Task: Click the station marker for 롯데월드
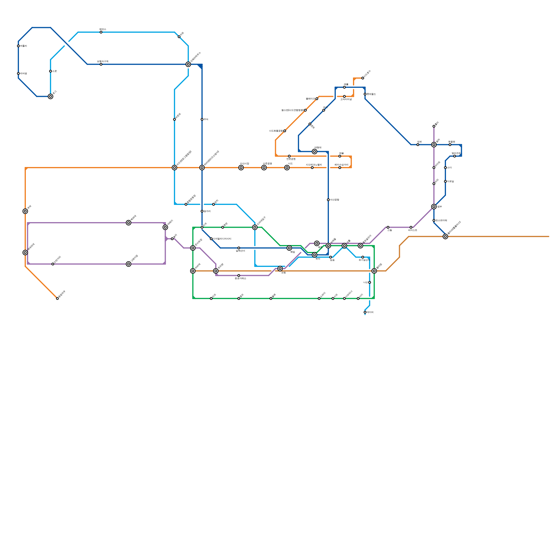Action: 365,94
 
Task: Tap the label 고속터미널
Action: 346,100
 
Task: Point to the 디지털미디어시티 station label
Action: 222,239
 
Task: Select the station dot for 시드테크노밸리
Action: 312,168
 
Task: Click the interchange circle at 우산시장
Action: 241,168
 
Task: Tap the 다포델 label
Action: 450,181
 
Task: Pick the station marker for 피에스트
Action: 411,227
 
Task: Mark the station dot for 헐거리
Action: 202,211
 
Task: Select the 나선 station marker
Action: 370,282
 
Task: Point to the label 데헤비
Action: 370,312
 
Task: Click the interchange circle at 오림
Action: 280,269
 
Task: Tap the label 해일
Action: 292,252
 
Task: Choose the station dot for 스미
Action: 445,168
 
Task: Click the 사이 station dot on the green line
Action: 358,299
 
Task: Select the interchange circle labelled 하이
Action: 314,255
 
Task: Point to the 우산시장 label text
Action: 245,164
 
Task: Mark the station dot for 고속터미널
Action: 344,96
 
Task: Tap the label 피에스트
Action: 413,230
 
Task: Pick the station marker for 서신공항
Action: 328,200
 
